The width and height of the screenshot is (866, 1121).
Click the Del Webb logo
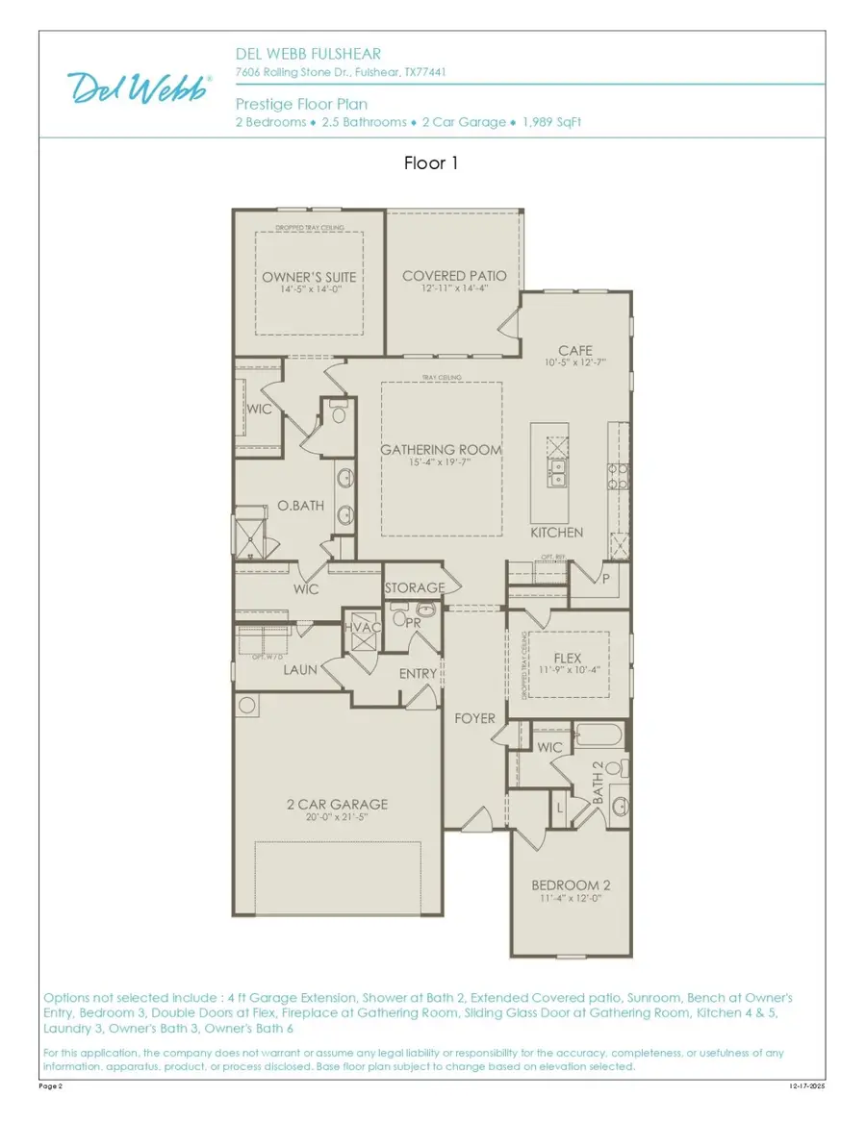(140, 87)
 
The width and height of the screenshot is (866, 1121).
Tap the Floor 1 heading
(431, 163)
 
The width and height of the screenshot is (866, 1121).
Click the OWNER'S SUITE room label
(309, 277)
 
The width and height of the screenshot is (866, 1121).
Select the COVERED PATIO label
(454, 276)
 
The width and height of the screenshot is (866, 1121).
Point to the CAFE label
(575, 351)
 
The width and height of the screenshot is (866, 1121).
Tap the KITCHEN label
(557, 532)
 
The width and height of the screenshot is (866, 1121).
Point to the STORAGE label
(415, 587)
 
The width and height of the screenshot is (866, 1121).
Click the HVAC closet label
(362, 628)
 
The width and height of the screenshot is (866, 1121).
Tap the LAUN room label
(300, 670)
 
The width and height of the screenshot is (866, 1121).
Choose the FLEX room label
(568, 659)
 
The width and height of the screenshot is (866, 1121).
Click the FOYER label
(475, 718)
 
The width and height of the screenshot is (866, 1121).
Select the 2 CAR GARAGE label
(337, 804)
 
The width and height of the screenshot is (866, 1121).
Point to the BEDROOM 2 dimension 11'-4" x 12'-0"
(571, 899)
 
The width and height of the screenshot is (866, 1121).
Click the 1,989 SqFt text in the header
(552, 122)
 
